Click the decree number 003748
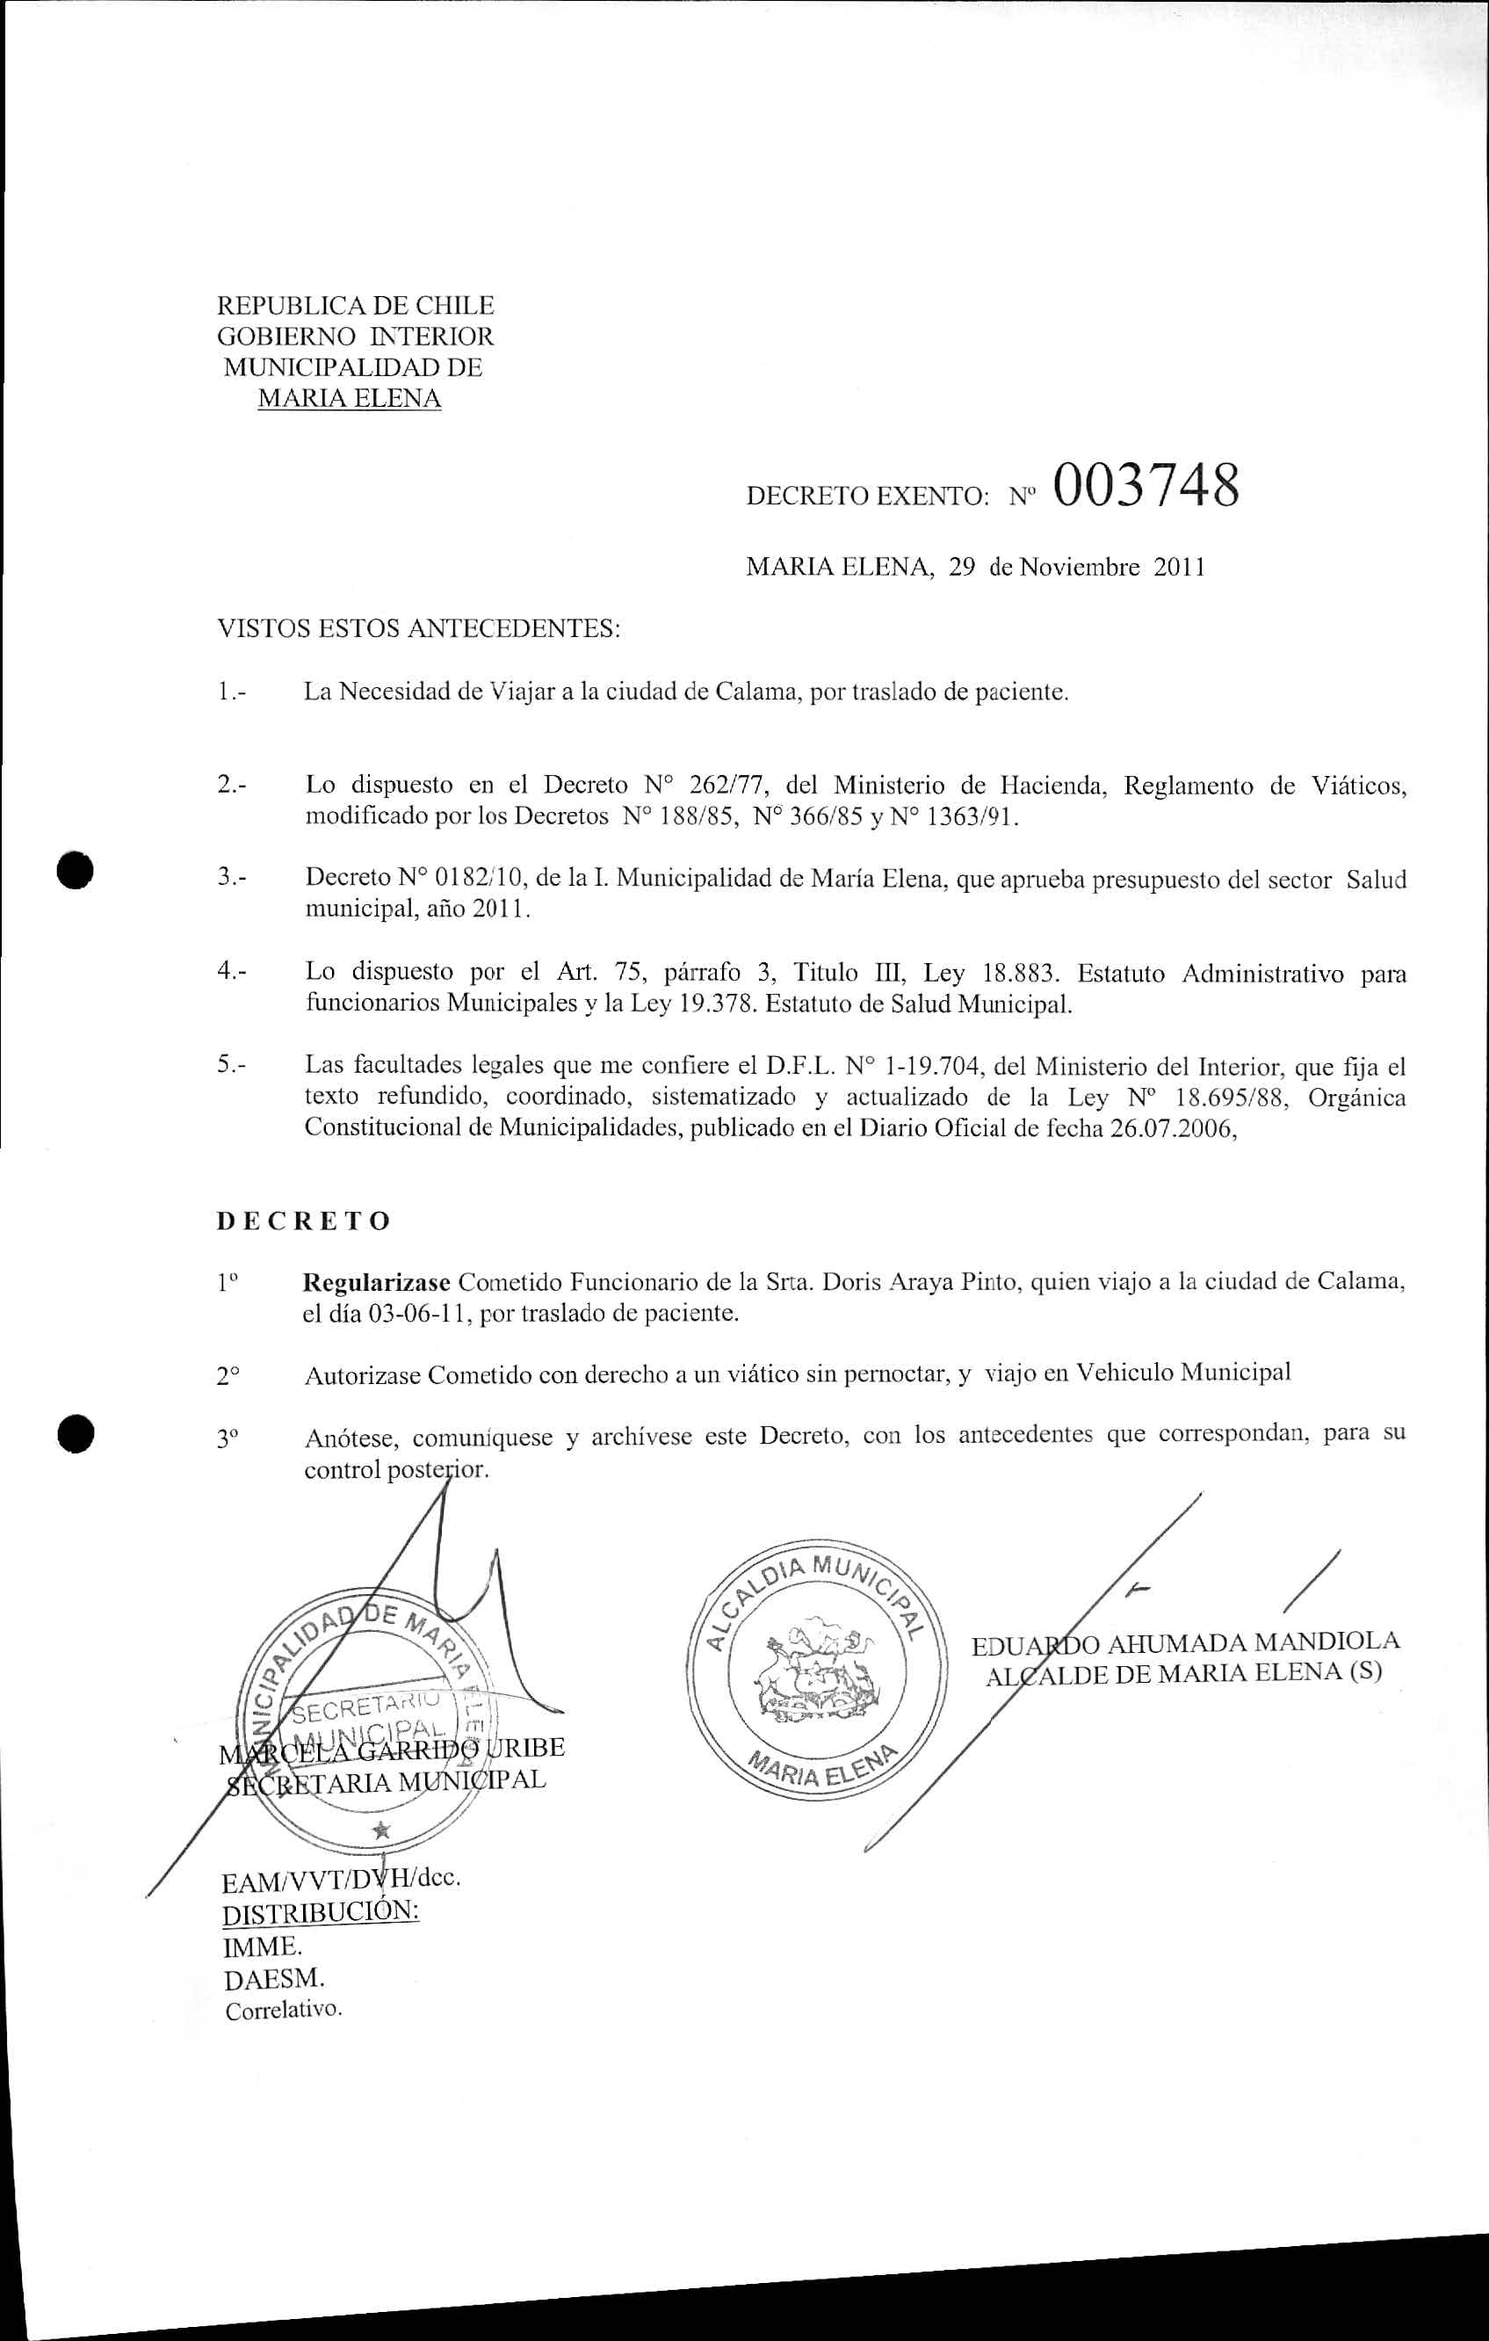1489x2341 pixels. click(x=1144, y=486)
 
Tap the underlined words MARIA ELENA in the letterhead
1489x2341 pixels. click(x=349, y=399)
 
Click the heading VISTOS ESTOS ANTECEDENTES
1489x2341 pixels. click(x=419, y=629)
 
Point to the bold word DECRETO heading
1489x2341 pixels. click(x=303, y=1221)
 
